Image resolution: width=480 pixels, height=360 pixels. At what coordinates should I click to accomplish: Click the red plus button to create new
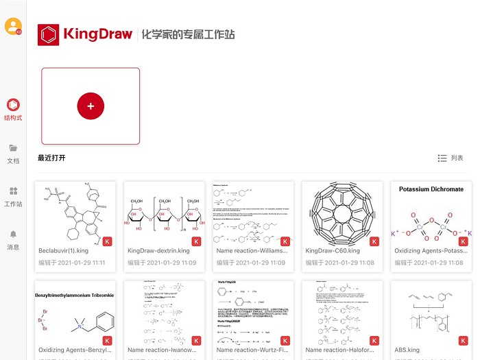[x=91, y=106]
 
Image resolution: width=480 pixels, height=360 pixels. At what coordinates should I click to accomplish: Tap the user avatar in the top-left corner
[x=12, y=26]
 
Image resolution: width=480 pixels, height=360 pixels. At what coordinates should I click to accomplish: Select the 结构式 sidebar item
[x=13, y=109]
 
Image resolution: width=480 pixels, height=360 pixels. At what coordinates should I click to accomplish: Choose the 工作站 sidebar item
[x=13, y=195]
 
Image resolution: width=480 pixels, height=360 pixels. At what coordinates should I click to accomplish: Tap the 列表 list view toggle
[x=451, y=158]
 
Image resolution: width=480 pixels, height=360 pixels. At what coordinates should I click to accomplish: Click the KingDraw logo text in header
[x=97, y=34]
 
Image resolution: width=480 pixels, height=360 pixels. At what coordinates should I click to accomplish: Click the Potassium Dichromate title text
[x=431, y=189]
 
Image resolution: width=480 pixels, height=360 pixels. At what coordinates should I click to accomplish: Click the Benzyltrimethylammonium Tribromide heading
[x=75, y=296]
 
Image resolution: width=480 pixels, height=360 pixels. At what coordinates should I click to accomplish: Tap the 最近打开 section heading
[x=52, y=158]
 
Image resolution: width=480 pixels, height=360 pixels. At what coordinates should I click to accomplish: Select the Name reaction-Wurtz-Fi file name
[x=251, y=350]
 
